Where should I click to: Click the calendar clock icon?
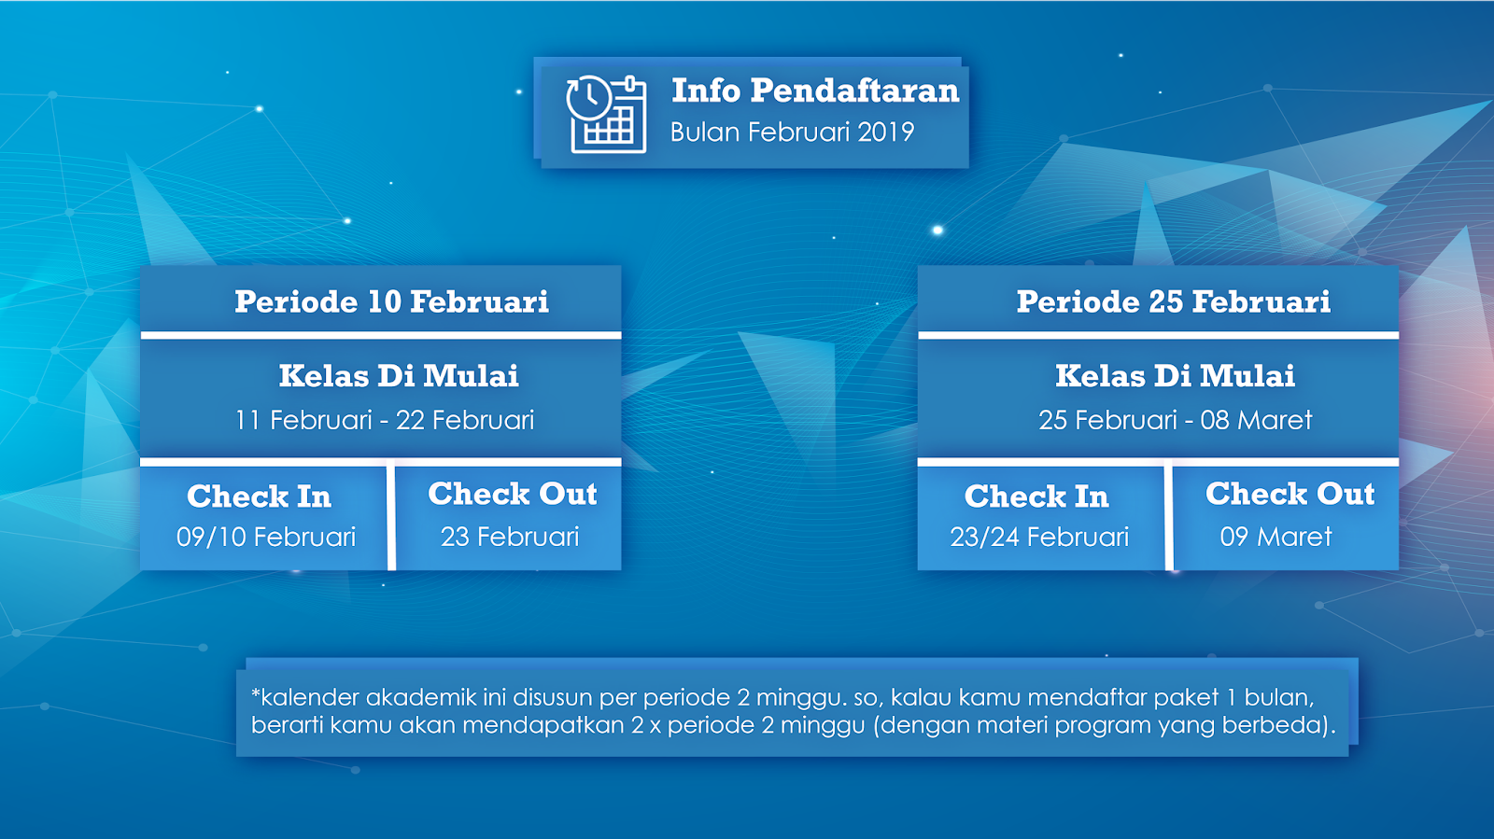coord(606,114)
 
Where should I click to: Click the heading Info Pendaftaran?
coord(815,91)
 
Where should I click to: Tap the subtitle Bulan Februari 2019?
coord(792,132)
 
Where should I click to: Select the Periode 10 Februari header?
coord(391,301)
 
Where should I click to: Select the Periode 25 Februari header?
coord(1173,301)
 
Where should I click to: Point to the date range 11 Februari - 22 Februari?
coord(385,421)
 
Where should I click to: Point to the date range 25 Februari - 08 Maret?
coord(1176,421)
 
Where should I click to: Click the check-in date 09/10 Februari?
coord(266,538)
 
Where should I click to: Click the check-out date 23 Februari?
coord(510,538)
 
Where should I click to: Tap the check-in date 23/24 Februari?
coord(1039,538)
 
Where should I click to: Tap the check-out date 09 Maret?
coord(1276,538)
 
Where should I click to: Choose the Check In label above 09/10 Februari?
coord(259,496)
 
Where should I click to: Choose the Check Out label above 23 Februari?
coord(513,494)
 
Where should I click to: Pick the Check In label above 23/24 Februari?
coord(1036,496)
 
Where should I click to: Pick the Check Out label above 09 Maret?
coord(1290,494)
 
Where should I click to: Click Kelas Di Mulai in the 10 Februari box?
coord(399,376)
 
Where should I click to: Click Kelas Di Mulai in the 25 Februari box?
coord(1176,376)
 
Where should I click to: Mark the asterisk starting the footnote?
coord(256,693)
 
